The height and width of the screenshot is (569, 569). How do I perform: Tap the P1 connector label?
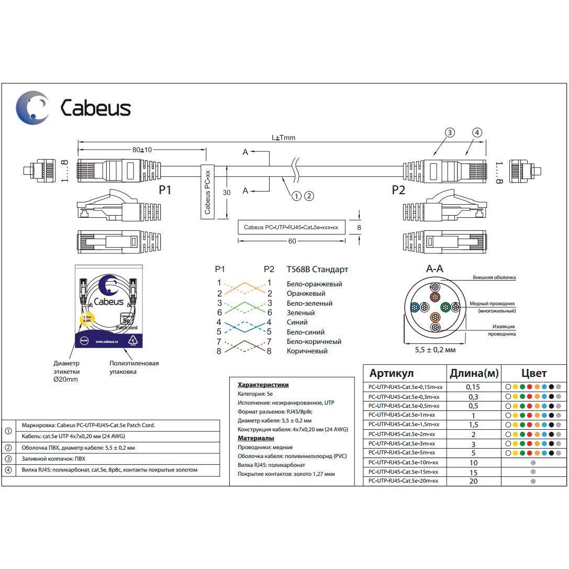tap(165, 190)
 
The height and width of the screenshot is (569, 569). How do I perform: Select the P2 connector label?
tap(398, 190)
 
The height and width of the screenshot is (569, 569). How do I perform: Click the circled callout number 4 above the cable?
tap(477, 132)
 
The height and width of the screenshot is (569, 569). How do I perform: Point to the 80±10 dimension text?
tap(141, 150)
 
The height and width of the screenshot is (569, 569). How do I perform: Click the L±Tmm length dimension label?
tap(283, 138)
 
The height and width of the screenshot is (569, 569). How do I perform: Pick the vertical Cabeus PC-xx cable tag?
tap(208, 192)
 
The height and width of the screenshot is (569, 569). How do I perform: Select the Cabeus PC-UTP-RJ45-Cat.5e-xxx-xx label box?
tap(291, 227)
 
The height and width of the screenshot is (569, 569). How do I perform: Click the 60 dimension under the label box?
tap(292, 241)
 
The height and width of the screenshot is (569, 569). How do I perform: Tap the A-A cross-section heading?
tap(434, 269)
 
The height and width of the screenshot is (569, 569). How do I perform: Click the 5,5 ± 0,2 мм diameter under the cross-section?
tap(434, 349)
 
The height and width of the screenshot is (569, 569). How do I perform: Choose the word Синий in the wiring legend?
tap(297, 322)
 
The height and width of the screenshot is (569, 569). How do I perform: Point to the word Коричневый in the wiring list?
tap(307, 351)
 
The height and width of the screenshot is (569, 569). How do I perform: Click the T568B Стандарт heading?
tap(317, 270)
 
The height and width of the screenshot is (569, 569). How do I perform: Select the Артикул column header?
tap(392, 373)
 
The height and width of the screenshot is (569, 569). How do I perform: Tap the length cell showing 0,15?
tap(473, 387)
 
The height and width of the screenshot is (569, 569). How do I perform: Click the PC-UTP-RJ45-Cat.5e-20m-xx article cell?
tap(404, 481)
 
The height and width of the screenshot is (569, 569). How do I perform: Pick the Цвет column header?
tap(533, 373)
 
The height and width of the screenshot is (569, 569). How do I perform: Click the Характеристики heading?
tap(263, 385)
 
